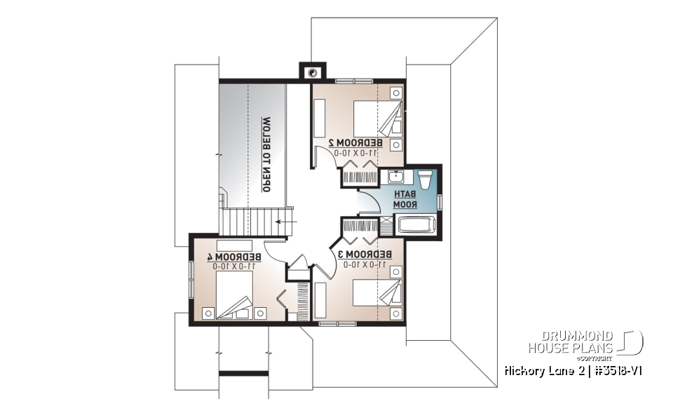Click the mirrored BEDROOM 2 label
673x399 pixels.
click(x=355, y=142)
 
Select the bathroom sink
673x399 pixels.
click(x=395, y=176)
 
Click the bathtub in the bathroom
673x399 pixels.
click(x=416, y=225)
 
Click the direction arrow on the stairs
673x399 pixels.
click(x=285, y=221)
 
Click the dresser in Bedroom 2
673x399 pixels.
click(x=320, y=118)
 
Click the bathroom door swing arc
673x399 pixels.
click(x=369, y=203)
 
